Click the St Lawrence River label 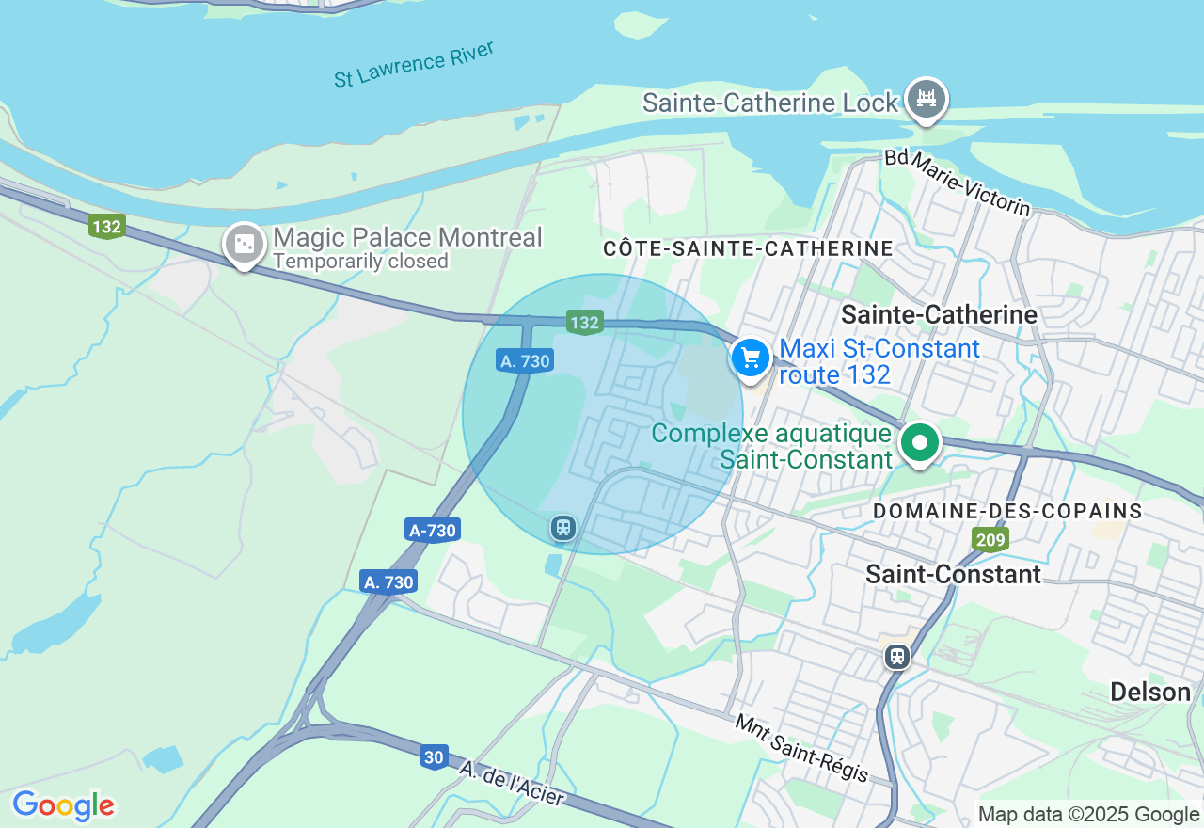pyautogui.click(x=414, y=64)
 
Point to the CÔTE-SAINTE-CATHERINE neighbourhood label pyautogui.click(x=748, y=248)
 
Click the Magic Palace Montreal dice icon pyautogui.click(x=245, y=245)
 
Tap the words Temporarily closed pyautogui.click(x=360, y=262)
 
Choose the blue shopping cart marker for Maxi pyautogui.click(x=751, y=358)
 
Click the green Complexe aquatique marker pyautogui.click(x=920, y=442)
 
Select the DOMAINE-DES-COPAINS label pyautogui.click(x=1007, y=511)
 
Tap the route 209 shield pyautogui.click(x=990, y=539)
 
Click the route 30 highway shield pyautogui.click(x=434, y=757)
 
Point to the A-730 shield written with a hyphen pyautogui.click(x=433, y=531)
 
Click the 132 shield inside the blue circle pyautogui.click(x=584, y=323)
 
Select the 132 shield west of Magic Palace pyautogui.click(x=107, y=227)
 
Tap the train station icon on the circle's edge pyautogui.click(x=563, y=527)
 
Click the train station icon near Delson pyautogui.click(x=897, y=656)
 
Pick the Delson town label pyautogui.click(x=1149, y=693)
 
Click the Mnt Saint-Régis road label pyautogui.click(x=801, y=748)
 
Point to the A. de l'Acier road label pyautogui.click(x=513, y=783)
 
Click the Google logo pyautogui.click(x=63, y=805)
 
